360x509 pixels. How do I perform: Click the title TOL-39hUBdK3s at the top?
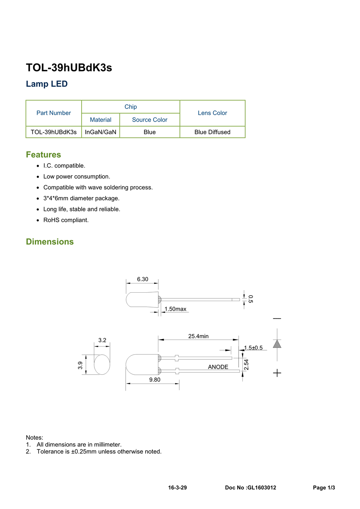[69, 68]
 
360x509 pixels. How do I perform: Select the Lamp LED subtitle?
[46, 84]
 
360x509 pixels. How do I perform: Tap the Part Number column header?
[54, 113]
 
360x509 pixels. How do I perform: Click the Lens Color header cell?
[212, 113]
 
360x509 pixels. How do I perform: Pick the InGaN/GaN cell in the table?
[100, 132]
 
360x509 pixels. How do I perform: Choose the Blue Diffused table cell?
[212, 132]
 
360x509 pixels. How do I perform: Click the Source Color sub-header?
[150, 120]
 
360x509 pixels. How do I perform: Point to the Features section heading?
[44, 154]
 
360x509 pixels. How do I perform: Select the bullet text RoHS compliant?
[66, 220]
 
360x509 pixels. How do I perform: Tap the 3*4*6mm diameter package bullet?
[81, 198]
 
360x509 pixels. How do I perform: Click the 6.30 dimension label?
[142, 279]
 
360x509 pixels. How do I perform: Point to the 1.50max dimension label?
[175, 309]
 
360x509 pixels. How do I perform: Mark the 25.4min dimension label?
[198, 336]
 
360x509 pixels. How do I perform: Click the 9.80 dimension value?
[155, 380]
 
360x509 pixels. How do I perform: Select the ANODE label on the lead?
[218, 367]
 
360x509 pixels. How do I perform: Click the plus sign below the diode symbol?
[277, 373]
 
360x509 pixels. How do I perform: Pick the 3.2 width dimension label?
[102, 340]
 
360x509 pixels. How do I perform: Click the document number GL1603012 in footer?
[262, 488]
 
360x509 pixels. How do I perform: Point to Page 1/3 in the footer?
[324, 488]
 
